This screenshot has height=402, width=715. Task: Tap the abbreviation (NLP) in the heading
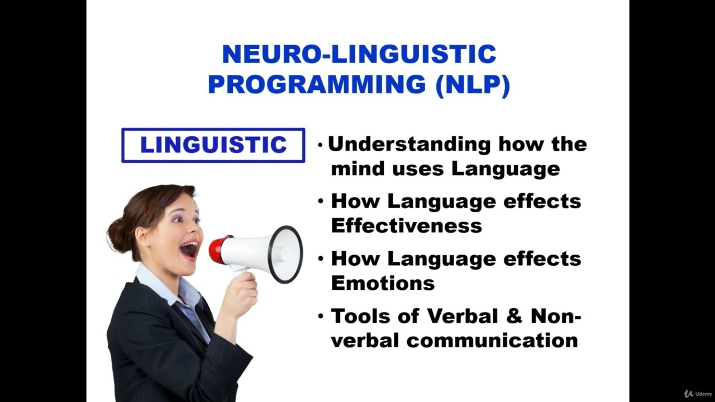coord(473,84)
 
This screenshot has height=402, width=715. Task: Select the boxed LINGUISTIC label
coord(213,145)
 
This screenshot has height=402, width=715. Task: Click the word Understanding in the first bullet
coord(409,144)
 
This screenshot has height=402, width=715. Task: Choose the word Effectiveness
coord(406,226)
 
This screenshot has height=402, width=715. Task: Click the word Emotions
coord(383,283)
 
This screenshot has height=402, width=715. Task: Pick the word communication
coord(492,340)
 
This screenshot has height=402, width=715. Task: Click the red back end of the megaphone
coord(218,250)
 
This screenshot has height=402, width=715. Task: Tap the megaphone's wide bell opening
coord(286,255)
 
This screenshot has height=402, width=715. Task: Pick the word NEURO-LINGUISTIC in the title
coord(359,55)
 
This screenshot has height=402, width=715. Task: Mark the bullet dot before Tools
coord(321,316)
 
